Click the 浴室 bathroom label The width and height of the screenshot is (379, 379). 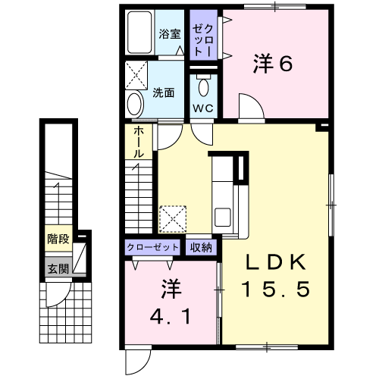tap(170, 34)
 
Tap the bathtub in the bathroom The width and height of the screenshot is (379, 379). tap(139, 33)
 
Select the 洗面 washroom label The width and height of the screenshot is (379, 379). tap(163, 93)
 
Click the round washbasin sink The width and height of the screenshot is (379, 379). tap(135, 105)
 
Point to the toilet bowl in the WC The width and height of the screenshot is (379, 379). tap(203, 86)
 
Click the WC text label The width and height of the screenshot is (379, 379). tap(203, 108)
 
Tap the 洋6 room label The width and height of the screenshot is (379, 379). tap(273, 64)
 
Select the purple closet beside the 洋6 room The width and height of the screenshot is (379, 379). tap(203, 35)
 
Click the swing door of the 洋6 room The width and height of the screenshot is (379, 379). tap(252, 106)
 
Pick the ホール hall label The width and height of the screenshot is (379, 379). tap(139, 143)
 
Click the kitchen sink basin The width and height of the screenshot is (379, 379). tap(222, 217)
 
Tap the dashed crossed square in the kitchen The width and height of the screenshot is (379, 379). tap(173, 219)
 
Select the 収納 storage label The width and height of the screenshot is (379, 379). tap(201, 247)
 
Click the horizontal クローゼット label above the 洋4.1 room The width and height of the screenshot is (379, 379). tap(152, 247)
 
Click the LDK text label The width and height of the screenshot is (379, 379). tap(276, 262)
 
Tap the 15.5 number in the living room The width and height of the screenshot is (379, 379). tap(275, 289)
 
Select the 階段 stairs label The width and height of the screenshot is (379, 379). tap(58, 239)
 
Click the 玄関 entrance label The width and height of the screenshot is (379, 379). tap(58, 269)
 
